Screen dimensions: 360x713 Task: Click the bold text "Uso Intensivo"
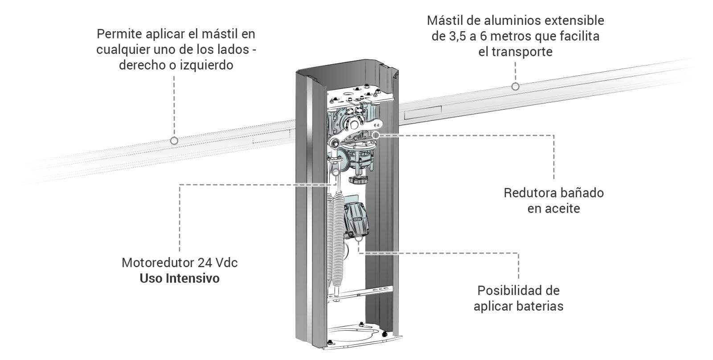pos(179,278)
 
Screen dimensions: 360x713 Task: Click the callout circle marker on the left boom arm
pos(174,141)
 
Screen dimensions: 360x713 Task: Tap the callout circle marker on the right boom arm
pos(515,86)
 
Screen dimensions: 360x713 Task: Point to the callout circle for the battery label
pos(359,237)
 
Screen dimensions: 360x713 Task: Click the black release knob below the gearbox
pos(359,180)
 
